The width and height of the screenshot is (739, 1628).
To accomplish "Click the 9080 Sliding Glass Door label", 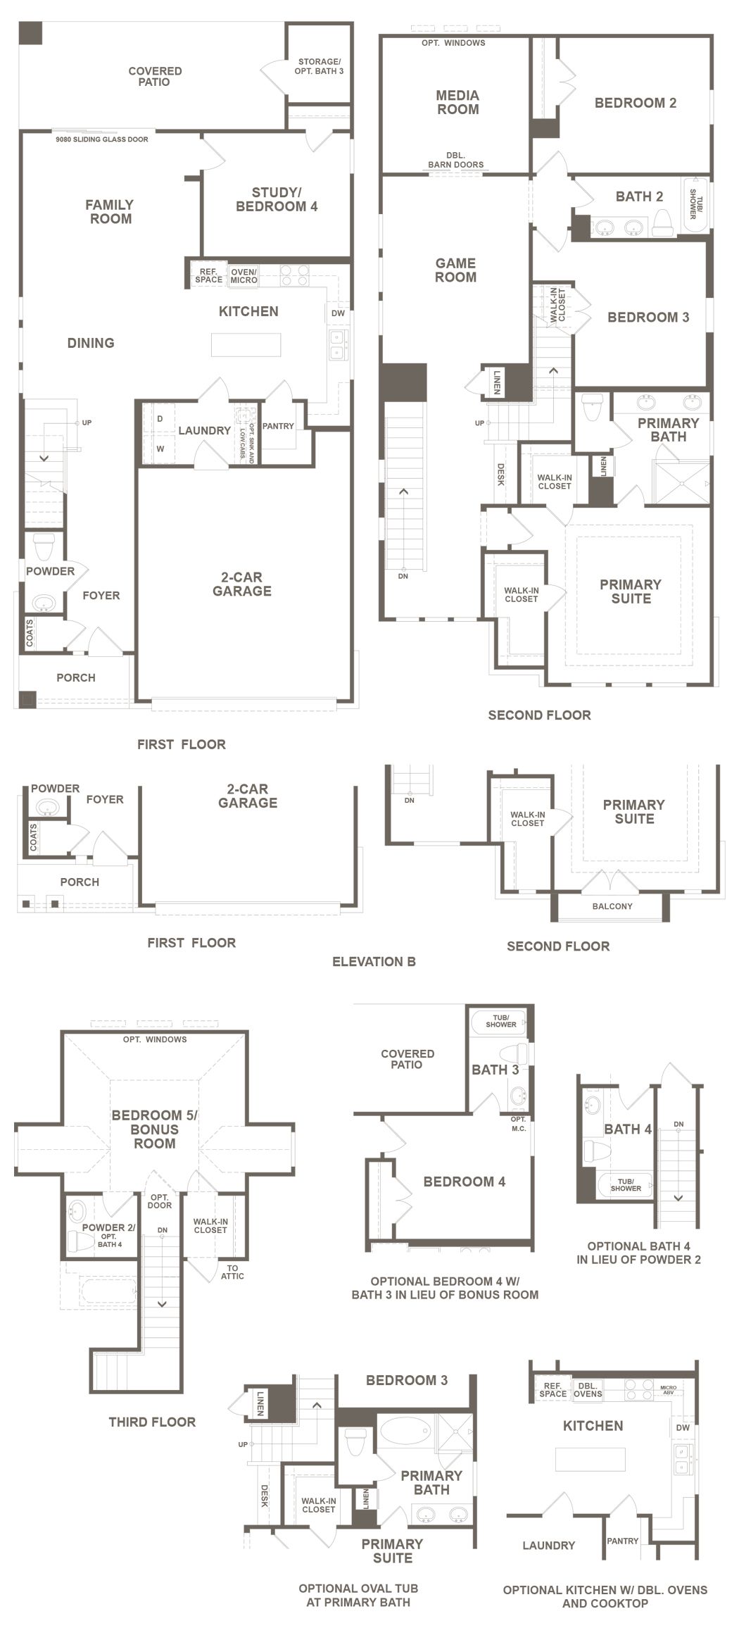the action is click(102, 139).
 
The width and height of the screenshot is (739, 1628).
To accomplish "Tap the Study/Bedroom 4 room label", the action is click(277, 199).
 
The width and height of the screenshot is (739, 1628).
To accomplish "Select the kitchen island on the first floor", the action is click(246, 344).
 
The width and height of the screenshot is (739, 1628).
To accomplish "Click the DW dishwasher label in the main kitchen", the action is click(338, 313).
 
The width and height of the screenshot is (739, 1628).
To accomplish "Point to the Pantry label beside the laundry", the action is click(278, 426).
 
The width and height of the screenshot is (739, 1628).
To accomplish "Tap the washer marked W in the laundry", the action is click(160, 449).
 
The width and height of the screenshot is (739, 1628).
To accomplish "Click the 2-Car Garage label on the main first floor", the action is click(242, 584).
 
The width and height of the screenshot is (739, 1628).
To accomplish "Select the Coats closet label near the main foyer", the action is click(30, 633).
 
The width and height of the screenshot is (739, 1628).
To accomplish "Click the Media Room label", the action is click(458, 102).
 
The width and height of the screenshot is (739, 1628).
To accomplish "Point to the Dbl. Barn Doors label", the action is click(455, 161).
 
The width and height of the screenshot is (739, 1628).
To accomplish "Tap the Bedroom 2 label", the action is click(636, 103).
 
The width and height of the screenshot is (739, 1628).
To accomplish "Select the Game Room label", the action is click(455, 270).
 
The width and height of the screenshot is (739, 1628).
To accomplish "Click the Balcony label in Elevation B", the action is click(612, 906).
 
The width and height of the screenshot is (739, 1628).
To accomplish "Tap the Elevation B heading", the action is click(374, 962).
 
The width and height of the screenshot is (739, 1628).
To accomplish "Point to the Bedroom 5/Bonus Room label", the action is click(155, 1129).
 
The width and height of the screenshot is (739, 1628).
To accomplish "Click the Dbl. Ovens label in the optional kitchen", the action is click(588, 1389).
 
